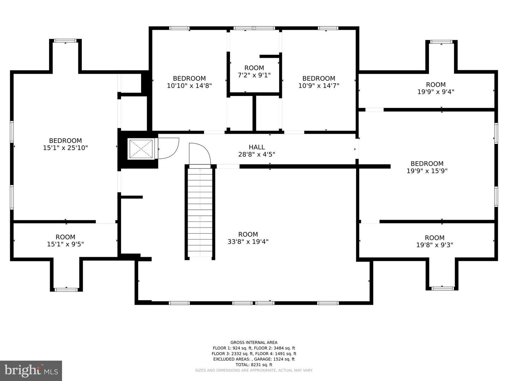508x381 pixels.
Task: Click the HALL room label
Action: point(256,147)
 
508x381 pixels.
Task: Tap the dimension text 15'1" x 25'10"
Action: point(65,148)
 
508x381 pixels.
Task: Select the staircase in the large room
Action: point(200,212)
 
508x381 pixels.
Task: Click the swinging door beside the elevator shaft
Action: point(168,148)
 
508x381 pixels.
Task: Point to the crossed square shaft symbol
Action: point(141,149)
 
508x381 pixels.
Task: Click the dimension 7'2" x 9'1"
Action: point(254,75)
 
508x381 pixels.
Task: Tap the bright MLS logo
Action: point(31,370)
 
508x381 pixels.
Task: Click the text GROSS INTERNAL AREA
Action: point(254,342)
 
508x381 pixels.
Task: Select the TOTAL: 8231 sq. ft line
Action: point(254,365)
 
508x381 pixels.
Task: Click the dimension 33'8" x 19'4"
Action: point(248,242)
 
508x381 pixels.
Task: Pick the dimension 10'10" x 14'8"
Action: point(189,85)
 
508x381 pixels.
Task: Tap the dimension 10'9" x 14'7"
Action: point(319,85)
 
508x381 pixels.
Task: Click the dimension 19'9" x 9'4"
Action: point(436,92)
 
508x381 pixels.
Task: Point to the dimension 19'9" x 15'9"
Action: point(427,171)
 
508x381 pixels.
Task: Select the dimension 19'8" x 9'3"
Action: point(435,245)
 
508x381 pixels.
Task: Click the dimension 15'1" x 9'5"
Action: point(65,244)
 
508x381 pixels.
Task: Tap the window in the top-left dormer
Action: point(65,41)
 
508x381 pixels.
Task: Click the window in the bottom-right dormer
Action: point(442,289)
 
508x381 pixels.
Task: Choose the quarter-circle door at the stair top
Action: point(200,154)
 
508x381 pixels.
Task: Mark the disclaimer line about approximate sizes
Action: point(254,370)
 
